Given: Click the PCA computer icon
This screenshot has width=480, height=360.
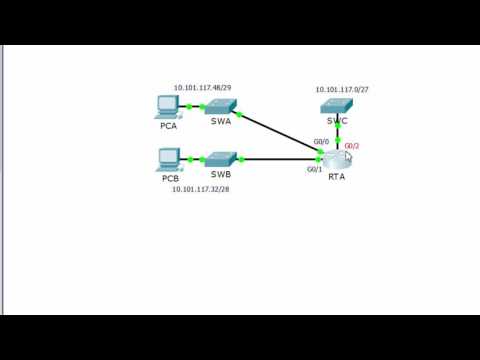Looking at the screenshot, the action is [168, 105].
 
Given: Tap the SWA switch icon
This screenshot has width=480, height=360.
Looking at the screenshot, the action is [220, 105].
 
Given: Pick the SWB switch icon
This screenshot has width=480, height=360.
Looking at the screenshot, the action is [220, 159].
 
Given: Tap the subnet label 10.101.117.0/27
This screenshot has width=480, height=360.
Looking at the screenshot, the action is [340, 89].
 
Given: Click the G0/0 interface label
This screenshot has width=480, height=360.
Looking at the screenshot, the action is [320, 142].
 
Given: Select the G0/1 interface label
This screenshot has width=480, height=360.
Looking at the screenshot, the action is [314, 170].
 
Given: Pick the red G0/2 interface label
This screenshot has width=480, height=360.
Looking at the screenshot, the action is [352, 146].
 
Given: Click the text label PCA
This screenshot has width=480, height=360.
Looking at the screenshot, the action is [168, 126].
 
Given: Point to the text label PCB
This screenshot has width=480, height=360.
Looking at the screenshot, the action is [169, 178].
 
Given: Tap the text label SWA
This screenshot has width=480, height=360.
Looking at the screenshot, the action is [220, 121].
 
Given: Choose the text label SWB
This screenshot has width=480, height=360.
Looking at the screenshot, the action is [220, 174].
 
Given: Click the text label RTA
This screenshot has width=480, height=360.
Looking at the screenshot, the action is [337, 177].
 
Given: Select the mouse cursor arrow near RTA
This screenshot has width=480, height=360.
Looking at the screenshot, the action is [348, 155].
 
